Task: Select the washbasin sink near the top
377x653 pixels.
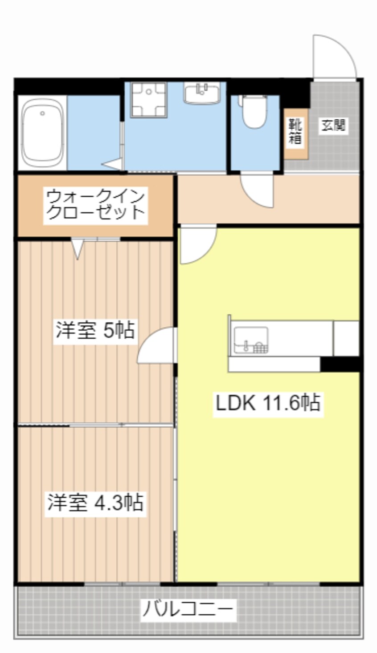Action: pos(201,93)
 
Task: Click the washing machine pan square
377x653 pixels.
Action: pos(149,100)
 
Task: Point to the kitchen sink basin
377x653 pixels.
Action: pos(251,340)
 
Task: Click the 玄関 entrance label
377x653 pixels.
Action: pos(333,126)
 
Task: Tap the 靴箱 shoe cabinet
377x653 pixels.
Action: pos(296,134)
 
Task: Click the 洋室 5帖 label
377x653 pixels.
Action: pos(95,330)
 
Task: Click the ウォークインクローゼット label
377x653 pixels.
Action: pos(95,205)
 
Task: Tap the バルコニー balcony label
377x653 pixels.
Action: pos(188,609)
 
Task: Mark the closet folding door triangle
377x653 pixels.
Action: pos(78,249)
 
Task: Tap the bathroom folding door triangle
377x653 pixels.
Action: pos(113,164)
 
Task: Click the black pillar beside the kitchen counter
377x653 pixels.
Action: pos(340,364)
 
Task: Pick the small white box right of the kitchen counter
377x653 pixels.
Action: pos(346,338)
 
